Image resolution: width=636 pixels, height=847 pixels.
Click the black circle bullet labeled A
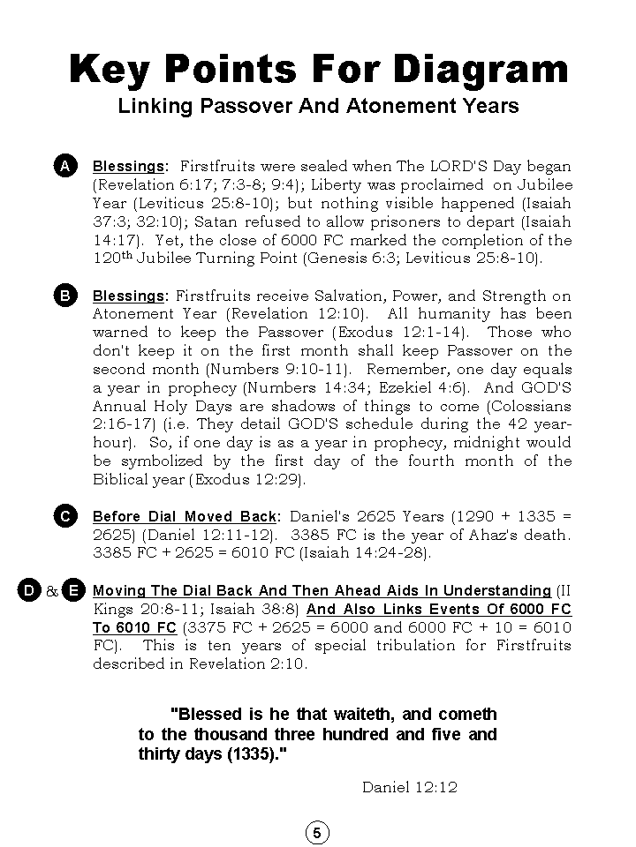pyautogui.click(x=64, y=166)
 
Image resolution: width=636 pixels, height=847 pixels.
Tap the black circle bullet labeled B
pyautogui.click(x=64, y=296)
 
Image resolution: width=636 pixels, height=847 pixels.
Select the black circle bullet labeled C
pyautogui.click(x=64, y=516)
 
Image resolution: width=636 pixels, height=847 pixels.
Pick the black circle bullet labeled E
pyautogui.click(x=73, y=590)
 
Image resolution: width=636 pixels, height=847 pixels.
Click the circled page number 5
pyautogui.click(x=317, y=833)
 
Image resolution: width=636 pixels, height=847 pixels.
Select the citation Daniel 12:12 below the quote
pyautogui.click(x=409, y=787)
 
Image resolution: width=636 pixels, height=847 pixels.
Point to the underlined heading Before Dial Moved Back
pyautogui.click(x=185, y=516)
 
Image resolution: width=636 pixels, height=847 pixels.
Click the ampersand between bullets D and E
pyautogui.click(x=51, y=591)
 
